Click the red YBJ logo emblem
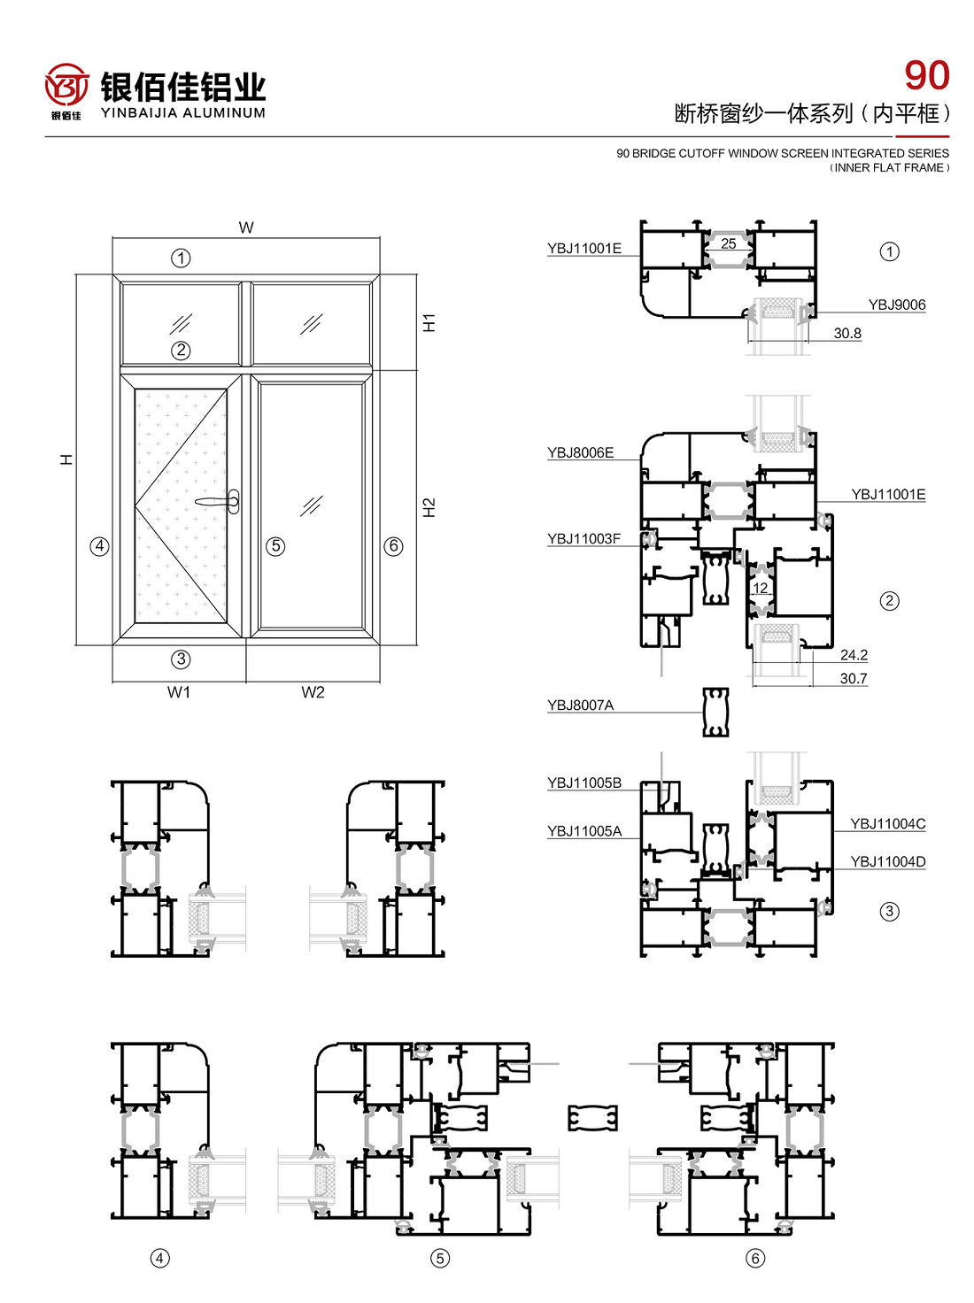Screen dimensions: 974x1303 point(66,86)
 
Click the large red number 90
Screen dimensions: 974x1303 point(926,76)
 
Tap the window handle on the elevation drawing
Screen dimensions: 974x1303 point(219,502)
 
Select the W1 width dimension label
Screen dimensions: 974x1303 point(179,692)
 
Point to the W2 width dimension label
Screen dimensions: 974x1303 point(313,692)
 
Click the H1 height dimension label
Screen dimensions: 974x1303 point(429,322)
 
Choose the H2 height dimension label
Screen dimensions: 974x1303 point(429,507)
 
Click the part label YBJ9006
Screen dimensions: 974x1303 point(897,305)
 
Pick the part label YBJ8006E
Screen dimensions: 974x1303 point(581,453)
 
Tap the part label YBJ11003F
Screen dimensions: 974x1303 point(584,538)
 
